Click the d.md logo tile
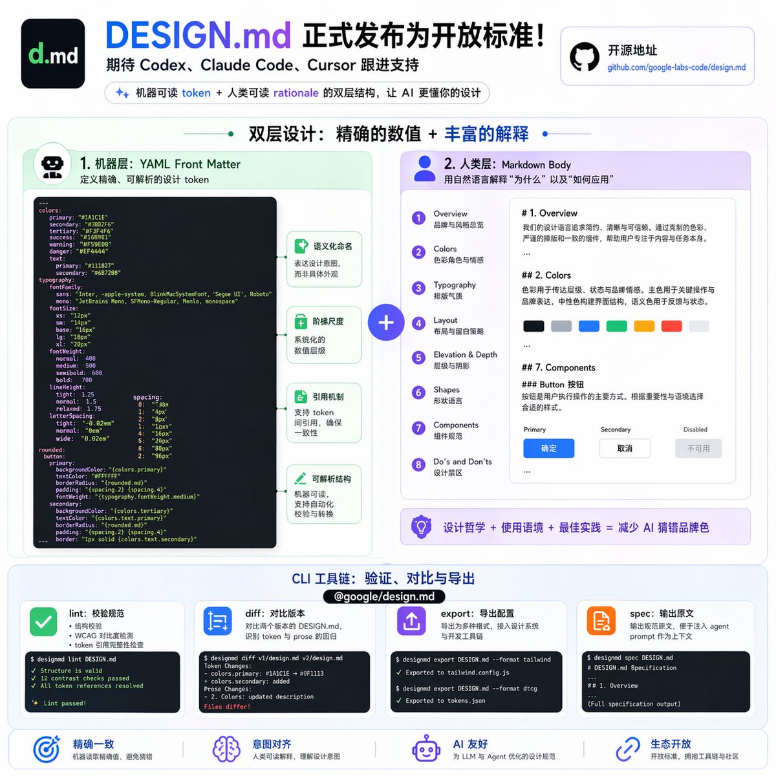(53, 54)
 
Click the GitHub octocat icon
(585, 57)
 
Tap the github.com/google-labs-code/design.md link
(676, 67)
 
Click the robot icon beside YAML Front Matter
(52, 165)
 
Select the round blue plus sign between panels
(386, 322)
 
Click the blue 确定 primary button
(548, 448)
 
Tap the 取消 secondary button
(625, 448)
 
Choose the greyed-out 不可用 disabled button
(698, 448)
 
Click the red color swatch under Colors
(671, 326)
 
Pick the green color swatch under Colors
(616, 326)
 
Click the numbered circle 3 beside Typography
(419, 288)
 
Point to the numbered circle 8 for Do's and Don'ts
(419, 465)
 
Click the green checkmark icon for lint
(43, 622)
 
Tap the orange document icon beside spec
(601, 621)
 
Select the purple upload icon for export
(411, 621)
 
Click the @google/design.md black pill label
(384, 596)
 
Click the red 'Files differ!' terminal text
(227, 707)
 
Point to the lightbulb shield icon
(422, 526)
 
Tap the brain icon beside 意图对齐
(226, 749)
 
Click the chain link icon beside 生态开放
(627, 749)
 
